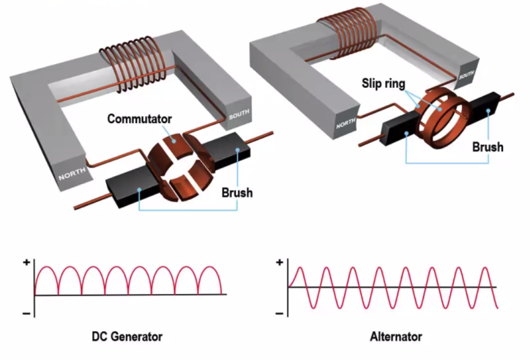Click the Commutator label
[x=140, y=118]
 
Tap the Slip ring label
[x=383, y=84]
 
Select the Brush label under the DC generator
[x=237, y=192]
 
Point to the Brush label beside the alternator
[x=487, y=146]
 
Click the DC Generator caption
[x=127, y=337]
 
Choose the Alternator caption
[x=396, y=337]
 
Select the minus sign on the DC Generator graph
[x=26, y=314]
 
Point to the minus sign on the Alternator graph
[x=280, y=314]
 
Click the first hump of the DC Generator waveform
[x=46, y=271]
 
